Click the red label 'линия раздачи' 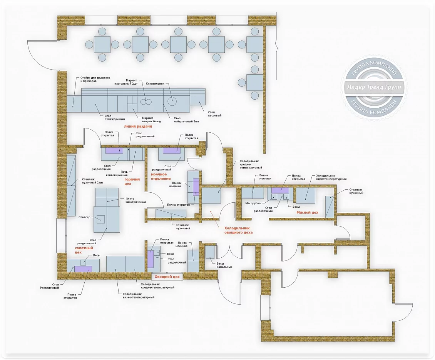pyautogui.click(x=138, y=127)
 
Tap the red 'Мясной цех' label pyautogui.click(x=307, y=213)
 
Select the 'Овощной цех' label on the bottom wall pyautogui.click(x=167, y=277)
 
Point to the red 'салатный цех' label pyautogui.click(x=84, y=250)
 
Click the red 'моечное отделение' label pyautogui.click(x=161, y=177)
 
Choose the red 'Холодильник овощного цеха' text pyautogui.click(x=238, y=230)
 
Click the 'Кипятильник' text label pyautogui.click(x=155, y=83)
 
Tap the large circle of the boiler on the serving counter pyautogui.click(x=172, y=101)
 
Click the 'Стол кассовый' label pyautogui.click(x=215, y=114)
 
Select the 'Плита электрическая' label pyautogui.click(x=136, y=200)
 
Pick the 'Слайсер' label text pyautogui.click(x=84, y=217)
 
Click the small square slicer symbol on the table pyautogui.click(x=100, y=220)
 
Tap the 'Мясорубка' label pyautogui.click(x=253, y=203)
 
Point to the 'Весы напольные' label pyautogui.click(x=224, y=265)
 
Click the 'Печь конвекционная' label pyautogui.click(x=117, y=173)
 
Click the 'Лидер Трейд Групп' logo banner pyautogui.click(x=374, y=87)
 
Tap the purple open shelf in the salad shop pyautogui.click(x=83, y=269)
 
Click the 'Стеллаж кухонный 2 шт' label pyautogui.click(x=93, y=181)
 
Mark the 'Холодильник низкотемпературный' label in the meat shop pyautogui.click(x=331, y=177)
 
